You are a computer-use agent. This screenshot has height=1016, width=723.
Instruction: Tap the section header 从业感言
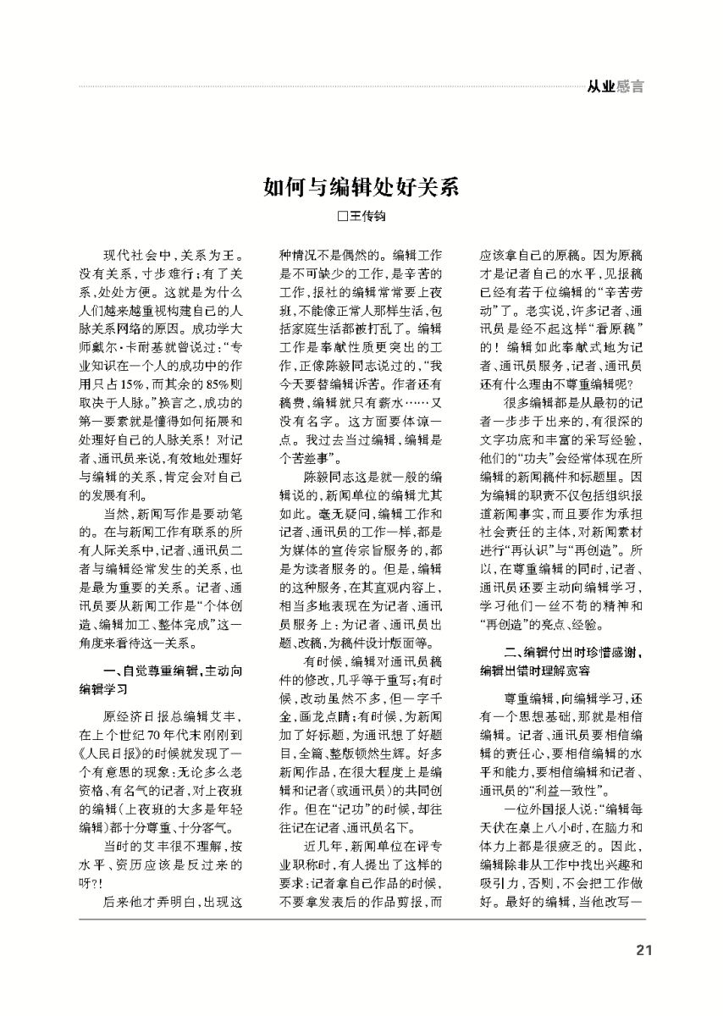pyautogui.click(x=615, y=86)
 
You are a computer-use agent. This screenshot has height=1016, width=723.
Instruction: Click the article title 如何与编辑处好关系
pyautogui.click(x=361, y=187)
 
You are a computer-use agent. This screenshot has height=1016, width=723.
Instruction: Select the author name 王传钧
pyautogui.click(x=368, y=217)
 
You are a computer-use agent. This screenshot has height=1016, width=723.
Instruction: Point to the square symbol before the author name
pyautogui.click(x=343, y=217)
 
